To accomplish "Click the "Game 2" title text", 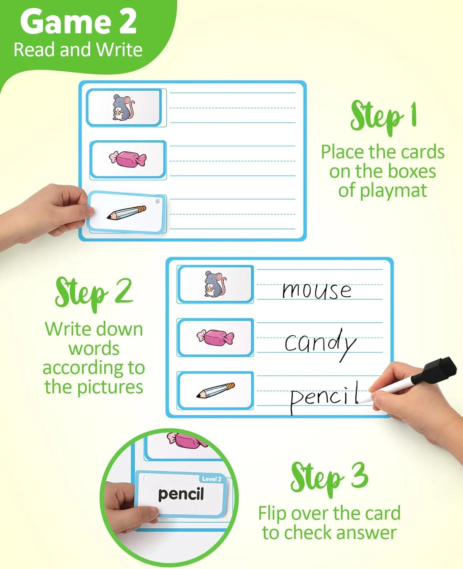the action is click(78, 22).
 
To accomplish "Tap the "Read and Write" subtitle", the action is click(78, 50).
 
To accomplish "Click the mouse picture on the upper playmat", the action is click(123, 107).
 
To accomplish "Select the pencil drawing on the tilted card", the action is click(126, 213).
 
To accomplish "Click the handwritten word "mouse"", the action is click(317, 290).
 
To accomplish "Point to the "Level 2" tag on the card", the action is click(212, 479).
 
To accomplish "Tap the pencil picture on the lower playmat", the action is click(215, 390).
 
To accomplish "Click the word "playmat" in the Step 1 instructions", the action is click(383, 191).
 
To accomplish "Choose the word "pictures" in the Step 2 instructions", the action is click(110, 387).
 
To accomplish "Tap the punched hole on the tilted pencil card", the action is click(157, 201).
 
